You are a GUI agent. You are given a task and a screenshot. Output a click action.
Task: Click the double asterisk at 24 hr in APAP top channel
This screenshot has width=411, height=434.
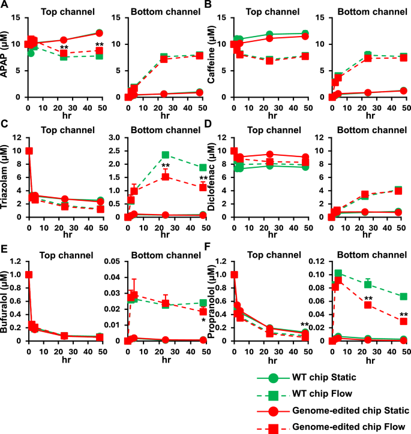click(x=64, y=48)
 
